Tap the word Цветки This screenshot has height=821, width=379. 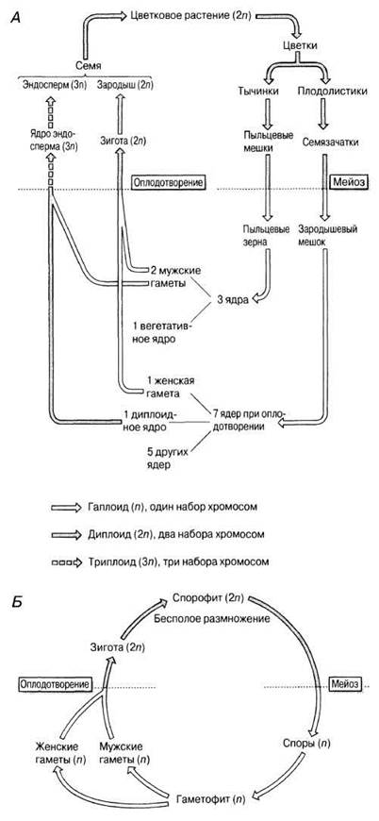(300, 45)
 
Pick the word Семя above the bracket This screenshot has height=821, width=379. (87, 65)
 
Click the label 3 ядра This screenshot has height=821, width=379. (232, 300)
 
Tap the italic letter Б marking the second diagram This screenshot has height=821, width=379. (16, 602)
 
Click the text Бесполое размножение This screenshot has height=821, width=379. (212, 619)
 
